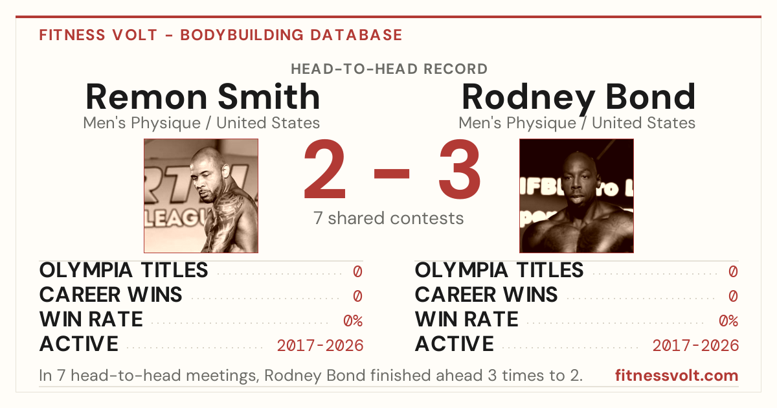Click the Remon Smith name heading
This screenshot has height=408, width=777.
coord(203,96)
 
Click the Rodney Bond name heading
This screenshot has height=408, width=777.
coord(579,98)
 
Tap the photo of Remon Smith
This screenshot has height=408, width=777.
coord(201,196)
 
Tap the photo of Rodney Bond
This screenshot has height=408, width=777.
coord(576,196)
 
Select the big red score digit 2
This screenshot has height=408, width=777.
coord(324,168)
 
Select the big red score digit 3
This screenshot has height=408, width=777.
coord(460,169)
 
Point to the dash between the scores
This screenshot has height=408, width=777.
coord(392,174)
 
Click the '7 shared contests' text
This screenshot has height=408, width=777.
coord(388,218)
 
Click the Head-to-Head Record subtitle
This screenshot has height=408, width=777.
coord(389,69)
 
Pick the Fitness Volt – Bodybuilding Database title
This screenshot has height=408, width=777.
coord(221,35)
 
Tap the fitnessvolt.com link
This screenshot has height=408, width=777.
coord(677,376)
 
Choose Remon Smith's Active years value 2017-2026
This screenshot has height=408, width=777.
coord(320,346)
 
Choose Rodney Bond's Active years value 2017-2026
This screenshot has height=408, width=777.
coord(695,346)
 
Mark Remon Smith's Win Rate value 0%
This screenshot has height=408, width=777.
coord(353,321)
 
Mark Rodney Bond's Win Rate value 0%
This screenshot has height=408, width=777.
coord(728,321)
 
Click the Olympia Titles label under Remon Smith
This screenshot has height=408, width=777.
coord(124,270)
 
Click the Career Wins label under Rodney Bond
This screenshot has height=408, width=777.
coord(486,295)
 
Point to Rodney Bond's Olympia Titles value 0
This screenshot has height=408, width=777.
coord(733,271)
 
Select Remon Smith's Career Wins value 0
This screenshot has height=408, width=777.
coord(357,296)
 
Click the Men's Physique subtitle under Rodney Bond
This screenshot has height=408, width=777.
coord(577,123)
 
